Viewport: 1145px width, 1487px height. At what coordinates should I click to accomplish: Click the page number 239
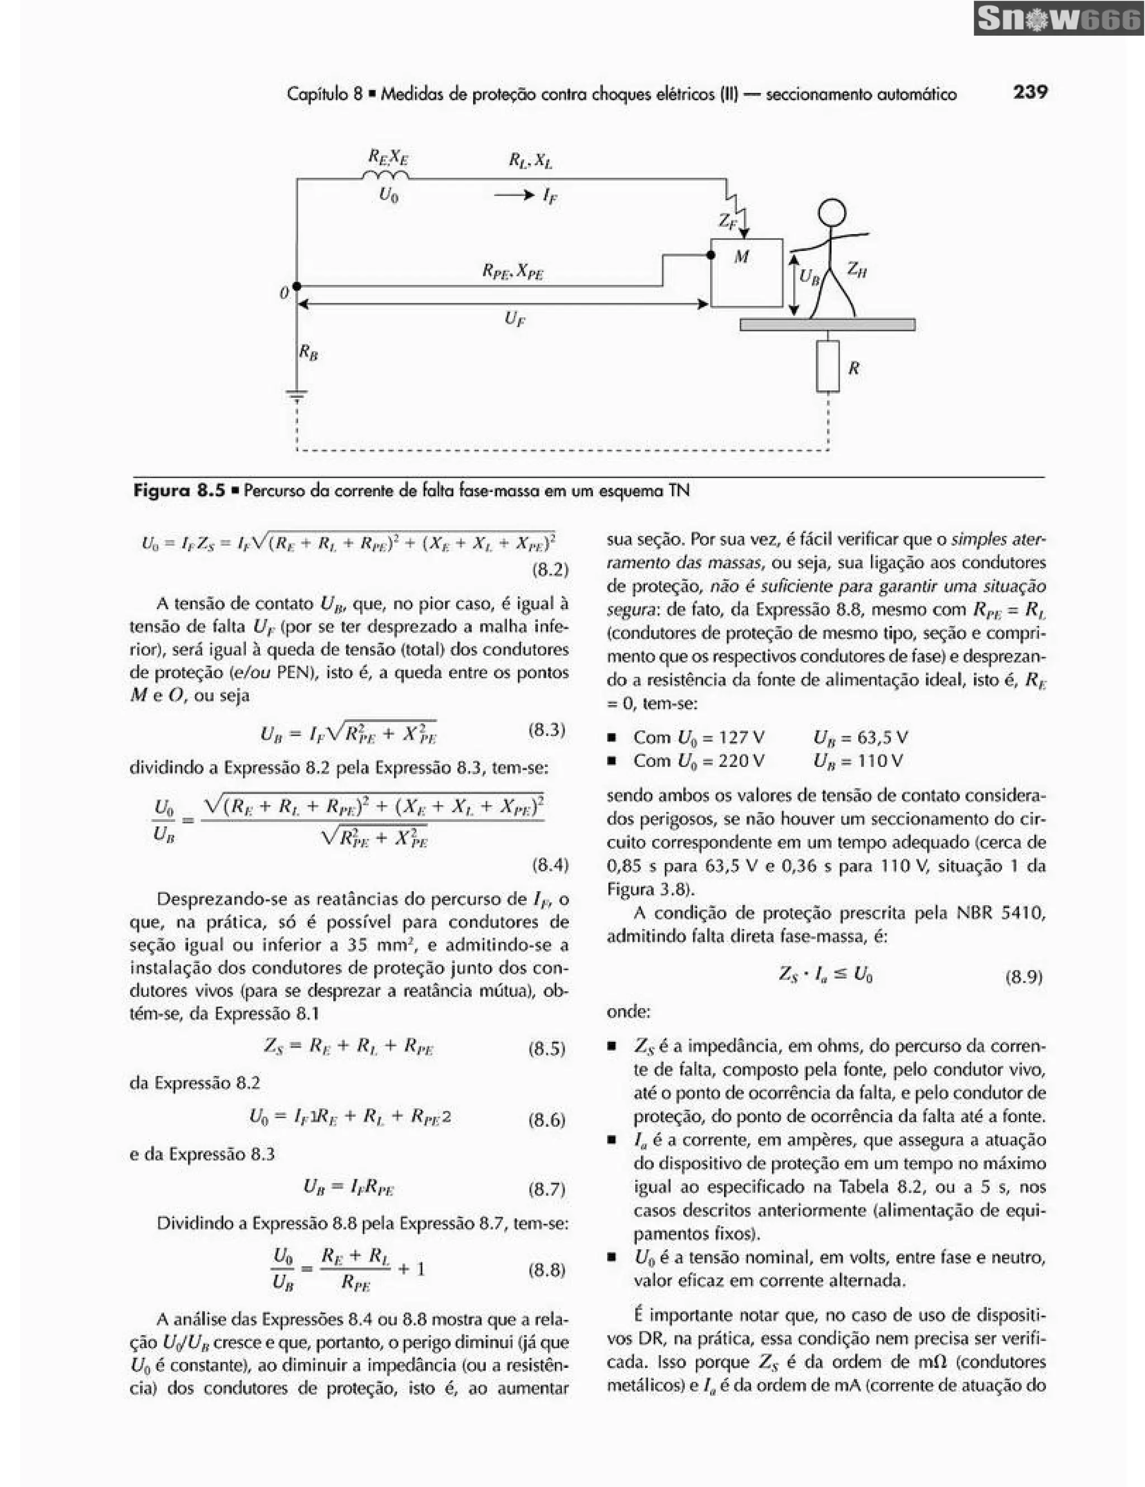pos(1030,91)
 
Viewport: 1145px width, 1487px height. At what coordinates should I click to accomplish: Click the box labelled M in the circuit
pos(746,272)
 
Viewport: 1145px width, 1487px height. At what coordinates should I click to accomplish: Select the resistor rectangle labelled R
pos(828,366)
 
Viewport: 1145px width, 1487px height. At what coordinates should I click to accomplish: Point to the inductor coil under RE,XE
pos(386,176)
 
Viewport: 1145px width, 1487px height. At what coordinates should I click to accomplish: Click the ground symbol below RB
pos(297,394)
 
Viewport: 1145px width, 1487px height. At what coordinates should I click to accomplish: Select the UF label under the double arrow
pos(515,319)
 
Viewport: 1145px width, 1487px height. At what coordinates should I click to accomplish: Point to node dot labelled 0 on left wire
pos(297,287)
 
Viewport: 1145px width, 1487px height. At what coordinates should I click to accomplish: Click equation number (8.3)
pos(547,731)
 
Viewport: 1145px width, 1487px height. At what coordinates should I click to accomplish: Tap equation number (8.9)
pos(1024,978)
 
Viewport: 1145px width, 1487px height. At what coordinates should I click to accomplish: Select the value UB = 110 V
pos(858,760)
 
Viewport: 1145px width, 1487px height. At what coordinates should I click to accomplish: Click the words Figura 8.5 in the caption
pos(179,490)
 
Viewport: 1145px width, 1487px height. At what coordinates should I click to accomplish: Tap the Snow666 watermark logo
pos(1058,19)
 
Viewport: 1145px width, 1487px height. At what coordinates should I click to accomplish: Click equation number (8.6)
pos(547,1120)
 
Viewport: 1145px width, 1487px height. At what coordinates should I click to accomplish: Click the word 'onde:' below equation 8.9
pos(628,1012)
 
